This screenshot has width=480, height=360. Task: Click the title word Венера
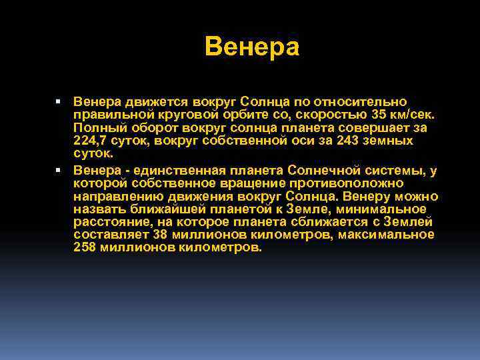click(x=253, y=47)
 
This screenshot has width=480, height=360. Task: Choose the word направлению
click(x=115, y=197)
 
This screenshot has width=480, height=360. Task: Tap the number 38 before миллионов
click(x=160, y=235)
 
